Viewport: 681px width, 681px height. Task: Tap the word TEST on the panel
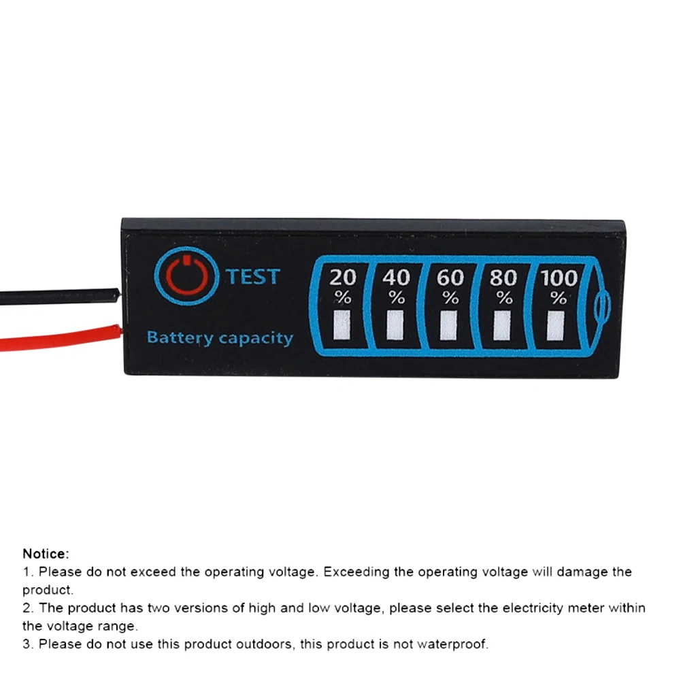coord(252,277)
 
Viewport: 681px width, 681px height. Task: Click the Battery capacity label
coord(220,337)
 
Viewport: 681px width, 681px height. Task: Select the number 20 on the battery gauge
coord(343,278)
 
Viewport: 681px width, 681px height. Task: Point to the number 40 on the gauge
coord(397,278)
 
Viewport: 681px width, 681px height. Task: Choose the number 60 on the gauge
coord(450,278)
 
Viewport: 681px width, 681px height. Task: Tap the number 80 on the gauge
coord(503,278)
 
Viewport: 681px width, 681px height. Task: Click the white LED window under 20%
coord(342,325)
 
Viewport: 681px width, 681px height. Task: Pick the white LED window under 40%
coord(395,325)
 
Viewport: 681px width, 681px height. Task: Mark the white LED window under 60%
coord(448,326)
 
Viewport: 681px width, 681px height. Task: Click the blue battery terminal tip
coord(602,307)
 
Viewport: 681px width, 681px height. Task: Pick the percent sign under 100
coord(559,298)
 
